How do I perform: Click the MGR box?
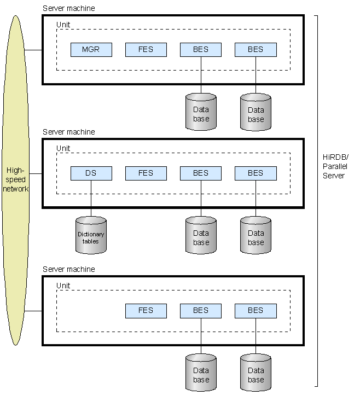point(91,50)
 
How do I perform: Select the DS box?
point(91,173)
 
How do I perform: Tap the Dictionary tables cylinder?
point(91,236)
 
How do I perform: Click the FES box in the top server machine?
point(146,50)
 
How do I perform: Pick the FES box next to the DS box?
point(146,173)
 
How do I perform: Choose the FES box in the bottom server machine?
point(146,311)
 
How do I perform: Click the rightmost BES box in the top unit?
point(256,50)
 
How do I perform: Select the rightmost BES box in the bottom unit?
point(256,311)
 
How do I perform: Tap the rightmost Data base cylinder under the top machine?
point(256,113)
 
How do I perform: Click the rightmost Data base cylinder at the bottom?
point(256,373)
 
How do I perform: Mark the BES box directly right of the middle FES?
point(201,173)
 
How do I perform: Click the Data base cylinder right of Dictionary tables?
point(201,236)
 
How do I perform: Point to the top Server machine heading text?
point(68,8)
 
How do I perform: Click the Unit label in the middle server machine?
point(63,148)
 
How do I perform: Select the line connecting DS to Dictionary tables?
point(91,198)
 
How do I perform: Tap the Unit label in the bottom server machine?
point(63,286)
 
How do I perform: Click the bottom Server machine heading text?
point(68,269)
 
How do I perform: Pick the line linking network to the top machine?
point(33,50)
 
